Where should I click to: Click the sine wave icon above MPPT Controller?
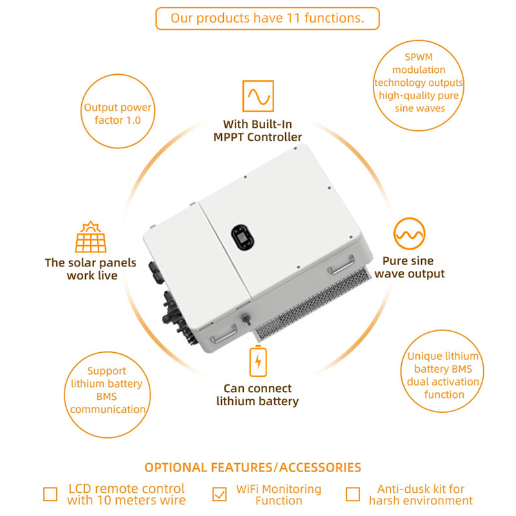point(257,97)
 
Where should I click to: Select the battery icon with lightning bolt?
point(257,362)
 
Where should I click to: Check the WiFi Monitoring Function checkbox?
point(220,494)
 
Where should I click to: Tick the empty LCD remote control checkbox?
point(50,494)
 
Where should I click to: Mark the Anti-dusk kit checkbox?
point(353,494)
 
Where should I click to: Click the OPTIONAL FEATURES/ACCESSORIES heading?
point(252,467)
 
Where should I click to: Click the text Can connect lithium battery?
point(257,395)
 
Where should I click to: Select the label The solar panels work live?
point(90,269)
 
